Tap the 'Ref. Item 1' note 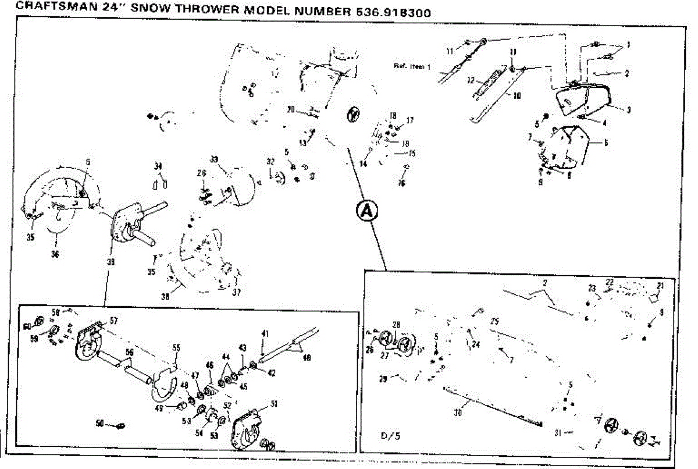click(x=411, y=66)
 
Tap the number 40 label click(x=307, y=357)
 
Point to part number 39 click(x=110, y=262)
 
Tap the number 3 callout click(x=628, y=109)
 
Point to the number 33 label click(x=213, y=159)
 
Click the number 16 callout click(x=401, y=182)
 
